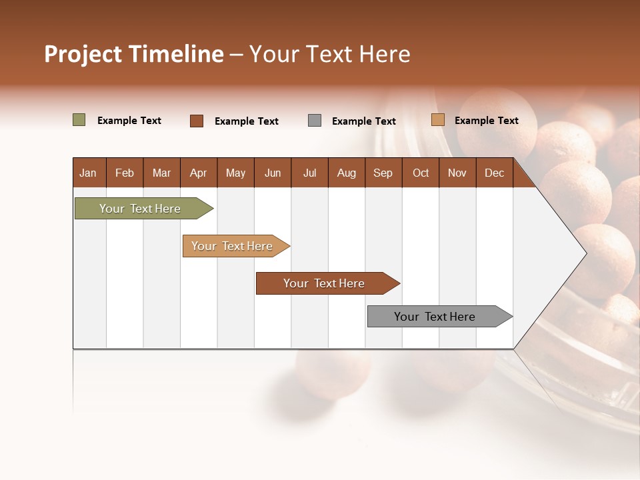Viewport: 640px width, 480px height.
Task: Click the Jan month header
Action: click(x=88, y=173)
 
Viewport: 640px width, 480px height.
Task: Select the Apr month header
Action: click(x=198, y=173)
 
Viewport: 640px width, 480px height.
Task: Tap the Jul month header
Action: click(x=309, y=173)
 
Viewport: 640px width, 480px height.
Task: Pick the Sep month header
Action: click(x=383, y=173)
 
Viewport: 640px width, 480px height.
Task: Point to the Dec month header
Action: click(x=494, y=173)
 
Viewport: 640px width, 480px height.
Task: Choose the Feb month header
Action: click(x=125, y=173)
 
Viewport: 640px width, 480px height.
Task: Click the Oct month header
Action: click(x=421, y=173)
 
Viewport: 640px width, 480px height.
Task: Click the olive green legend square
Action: click(x=79, y=120)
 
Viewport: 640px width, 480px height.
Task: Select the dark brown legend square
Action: click(x=197, y=121)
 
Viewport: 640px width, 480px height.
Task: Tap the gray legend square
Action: click(x=315, y=121)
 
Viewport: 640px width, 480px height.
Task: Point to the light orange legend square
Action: click(x=438, y=120)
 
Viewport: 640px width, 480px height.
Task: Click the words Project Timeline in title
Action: click(x=133, y=54)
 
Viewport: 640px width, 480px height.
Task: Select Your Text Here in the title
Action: click(x=329, y=54)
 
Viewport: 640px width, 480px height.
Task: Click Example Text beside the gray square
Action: click(x=363, y=121)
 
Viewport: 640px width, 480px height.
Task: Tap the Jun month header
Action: click(x=273, y=173)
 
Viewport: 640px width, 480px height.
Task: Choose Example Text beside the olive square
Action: click(x=129, y=121)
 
